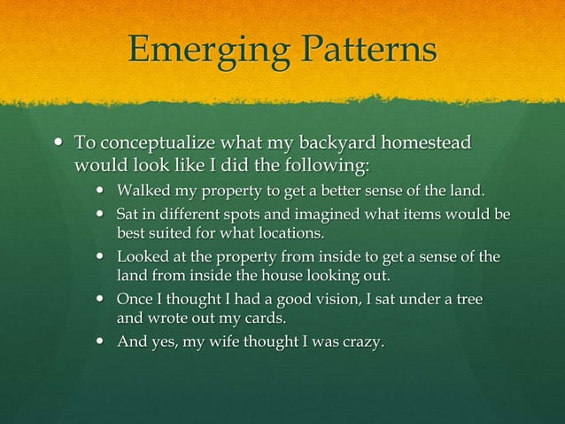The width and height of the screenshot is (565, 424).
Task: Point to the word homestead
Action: tap(423, 144)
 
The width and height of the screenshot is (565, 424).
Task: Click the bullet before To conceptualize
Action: tap(59, 143)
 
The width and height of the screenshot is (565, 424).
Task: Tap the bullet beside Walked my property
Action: tap(102, 190)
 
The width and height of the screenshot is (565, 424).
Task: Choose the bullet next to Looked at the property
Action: tap(102, 257)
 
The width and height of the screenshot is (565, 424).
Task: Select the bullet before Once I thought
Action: tap(102, 301)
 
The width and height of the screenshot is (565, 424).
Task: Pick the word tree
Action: tap(466, 301)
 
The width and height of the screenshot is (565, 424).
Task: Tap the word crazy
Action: tap(359, 343)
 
